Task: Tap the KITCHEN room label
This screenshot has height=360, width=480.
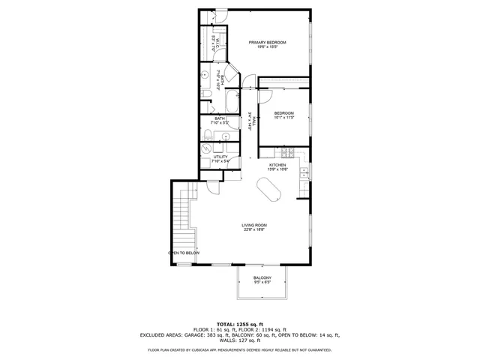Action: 278,164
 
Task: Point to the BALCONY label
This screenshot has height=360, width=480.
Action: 262,278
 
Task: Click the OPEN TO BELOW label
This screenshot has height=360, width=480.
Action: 184,253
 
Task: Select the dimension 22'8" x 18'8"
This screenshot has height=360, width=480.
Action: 254,230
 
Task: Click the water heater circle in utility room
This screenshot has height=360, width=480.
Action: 208,149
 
